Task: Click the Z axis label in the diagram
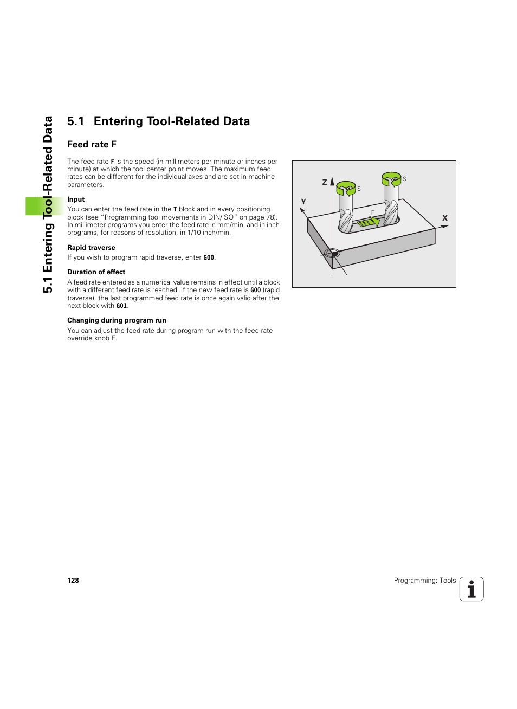pyautogui.click(x=325, y=182)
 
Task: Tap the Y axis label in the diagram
pyautogui.click(x=303, y=202)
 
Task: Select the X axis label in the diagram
pyautogui.click(x=445, y=218)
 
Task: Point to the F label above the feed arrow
pyautogui.click(x=373, y=212)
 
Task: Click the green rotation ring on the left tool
pyautogui.click(x=346, y=188)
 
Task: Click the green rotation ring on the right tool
pyautogui.click(x=391, y=179)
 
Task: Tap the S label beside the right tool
pyautogui.click(x=404, y=179)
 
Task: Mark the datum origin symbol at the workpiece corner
pyautogui.click(x=332, y=253)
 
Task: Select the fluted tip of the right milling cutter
pyautogui.click(x=391, y=212)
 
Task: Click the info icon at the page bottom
pyautogui.click(x=471, y=589)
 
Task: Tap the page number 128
pyautogui.click(x=73, y=581)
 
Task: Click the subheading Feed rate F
pyautogui.click(x=92, y=144)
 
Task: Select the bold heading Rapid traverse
pyautogui.click(x=91, y=248)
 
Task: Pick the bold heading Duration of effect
pyautogui.click(x=96, y=272)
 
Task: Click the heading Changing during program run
pyautogui.click(x=117, y=320)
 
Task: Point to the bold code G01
pyautogui.click(x=121, y=306)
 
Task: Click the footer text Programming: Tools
pyautogui.click(x=424, y=581)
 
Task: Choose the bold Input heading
pyautogui.click(x=76, y=199)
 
